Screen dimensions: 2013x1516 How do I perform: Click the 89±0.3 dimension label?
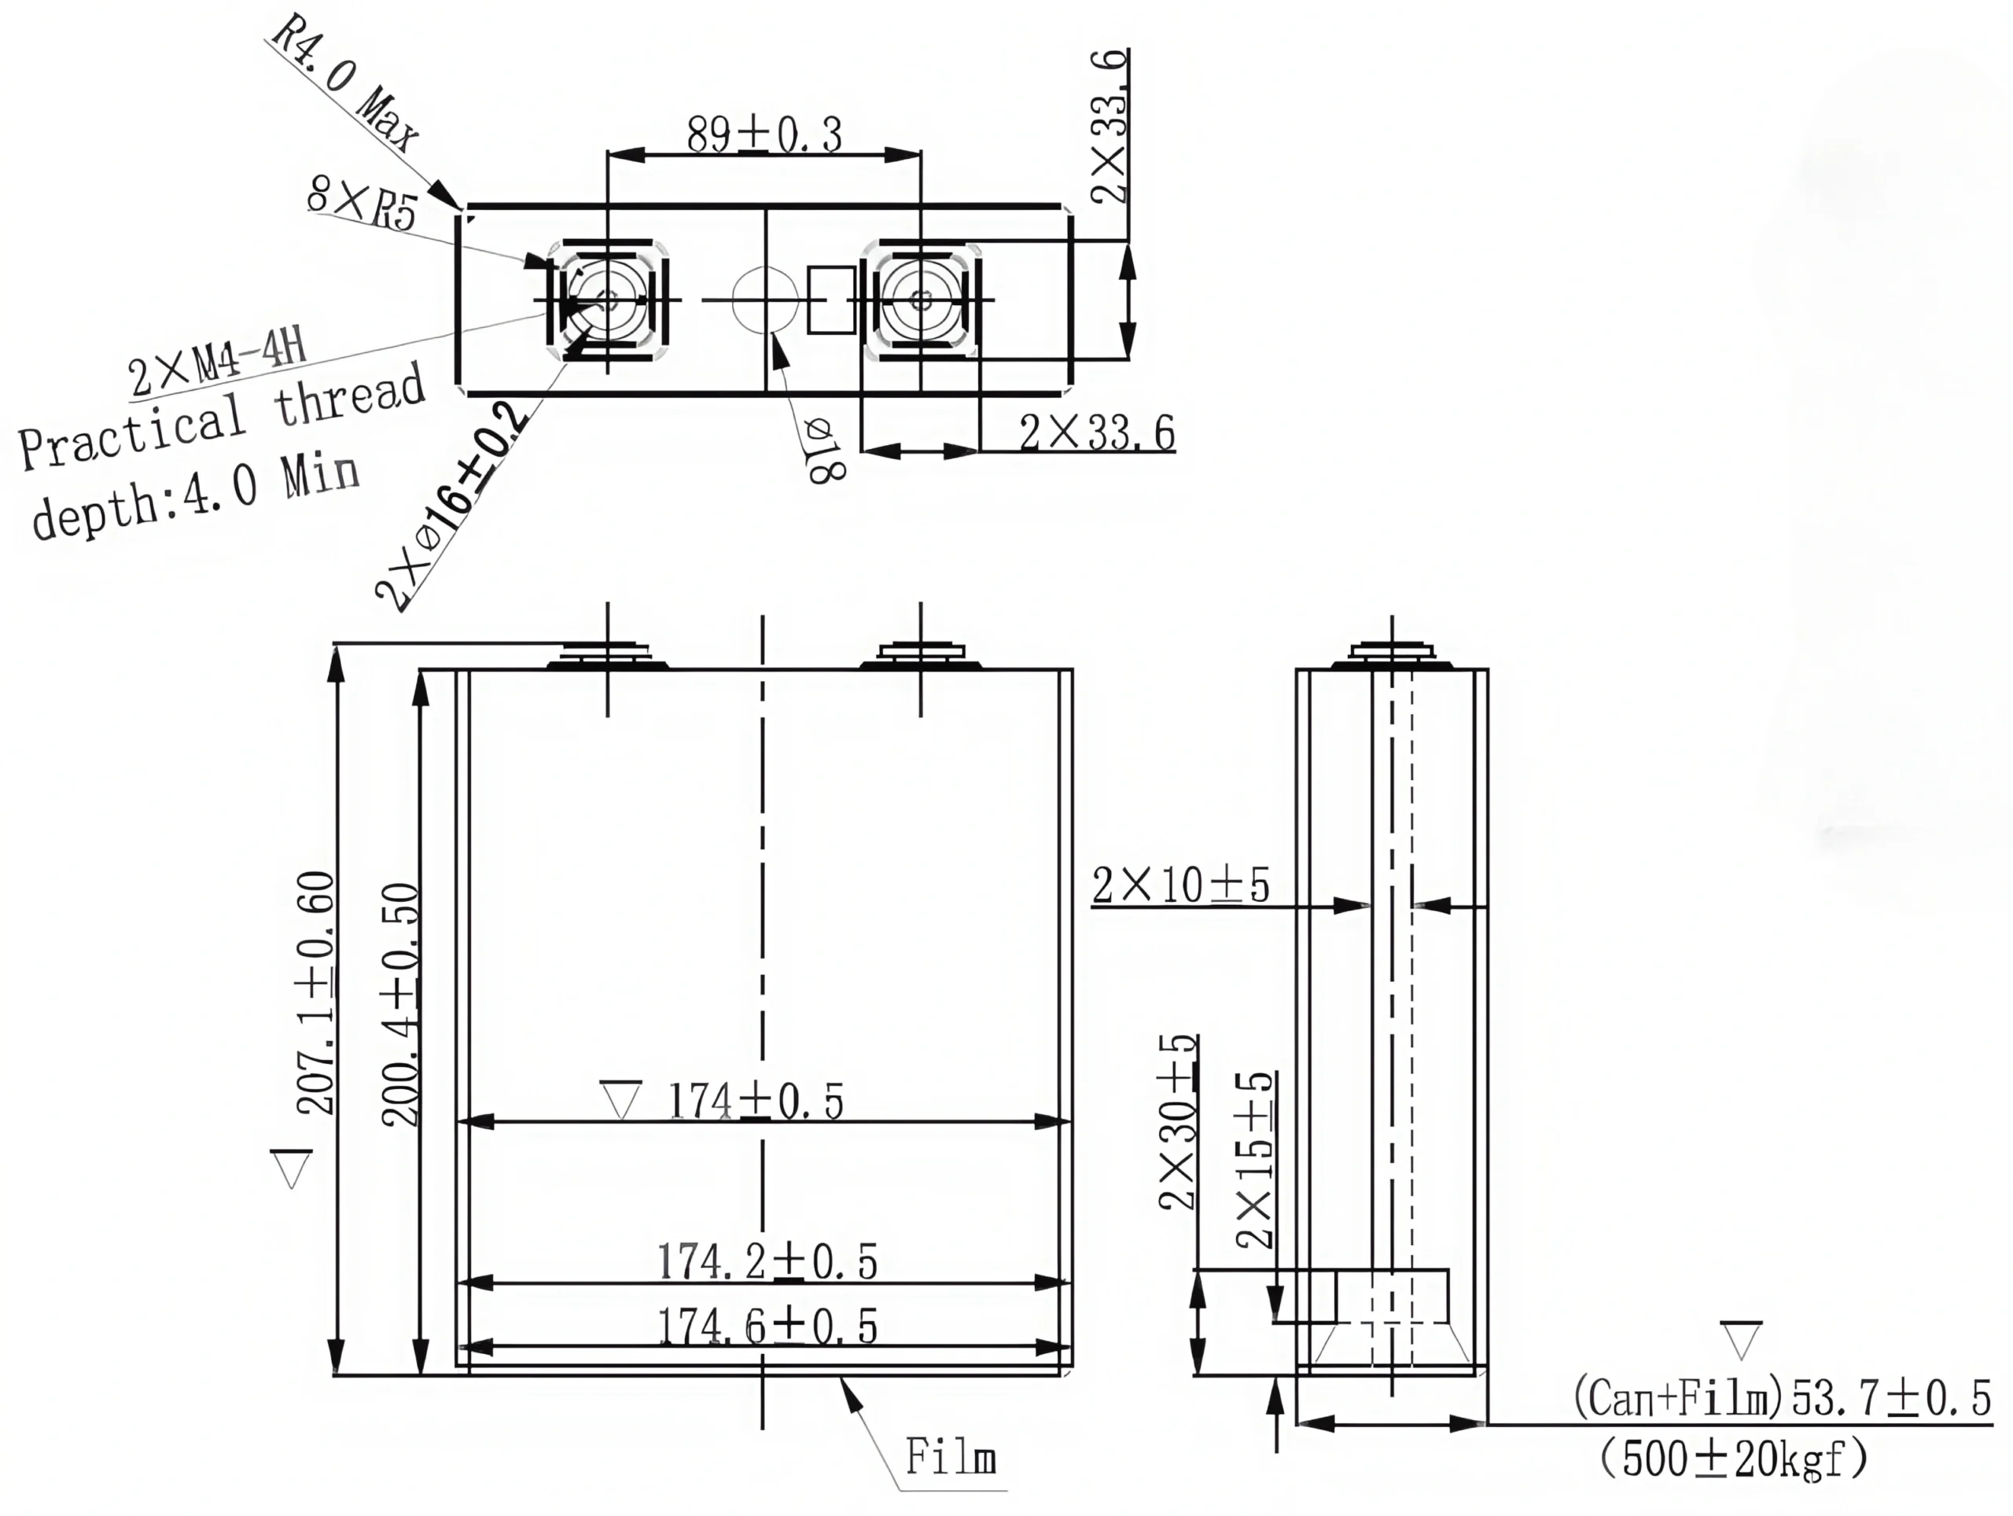764,134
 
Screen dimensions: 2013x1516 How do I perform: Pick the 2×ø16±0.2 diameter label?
451,506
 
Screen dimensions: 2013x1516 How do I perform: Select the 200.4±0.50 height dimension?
400,1005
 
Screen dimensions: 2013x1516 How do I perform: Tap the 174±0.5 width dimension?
756,1101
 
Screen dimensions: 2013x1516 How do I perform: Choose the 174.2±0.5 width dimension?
767,1261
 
